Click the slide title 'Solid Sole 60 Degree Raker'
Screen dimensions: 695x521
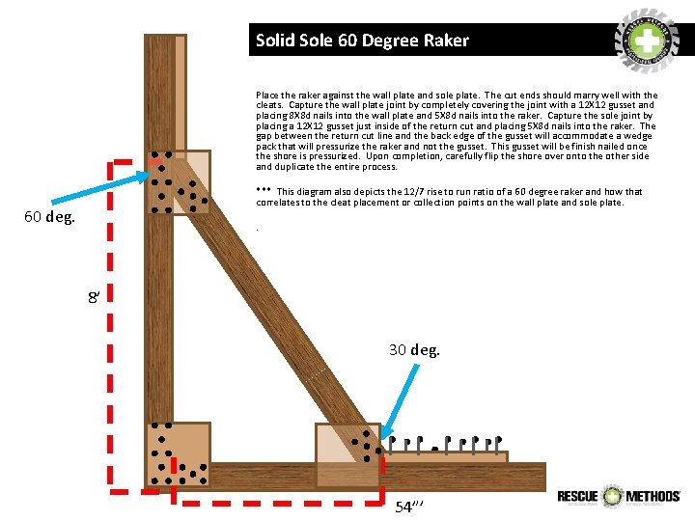[x=362, y=41]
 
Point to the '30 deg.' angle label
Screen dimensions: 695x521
[x=414, y=349]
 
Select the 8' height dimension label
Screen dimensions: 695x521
[x=94, y=298]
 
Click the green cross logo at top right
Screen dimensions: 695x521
[x=648, y=40]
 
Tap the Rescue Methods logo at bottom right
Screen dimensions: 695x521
[x=619, y=496]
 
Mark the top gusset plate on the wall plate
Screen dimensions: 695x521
[x=179, y=181]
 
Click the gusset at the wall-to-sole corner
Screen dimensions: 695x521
[x=178, y=454]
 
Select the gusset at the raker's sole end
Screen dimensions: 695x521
[x=347, y=454]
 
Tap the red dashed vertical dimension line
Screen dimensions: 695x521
[x=111, y=328]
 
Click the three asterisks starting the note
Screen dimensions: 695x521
[x=264, y=191]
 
